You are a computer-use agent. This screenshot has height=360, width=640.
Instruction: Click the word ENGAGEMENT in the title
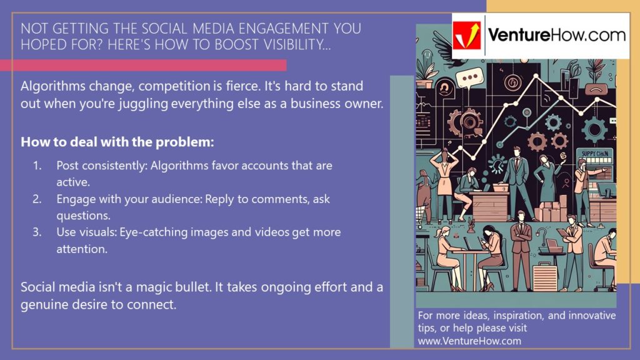click(x=246, y=29)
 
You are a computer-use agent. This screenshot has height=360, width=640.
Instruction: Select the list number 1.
click(x=37, y=166)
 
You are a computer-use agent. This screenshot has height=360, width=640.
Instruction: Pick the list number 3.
click(x=37, y=232)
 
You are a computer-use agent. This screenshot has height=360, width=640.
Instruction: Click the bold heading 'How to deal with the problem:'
click(x=117, y=142)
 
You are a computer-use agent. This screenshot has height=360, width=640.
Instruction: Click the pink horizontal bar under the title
click(x=143, y=65)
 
